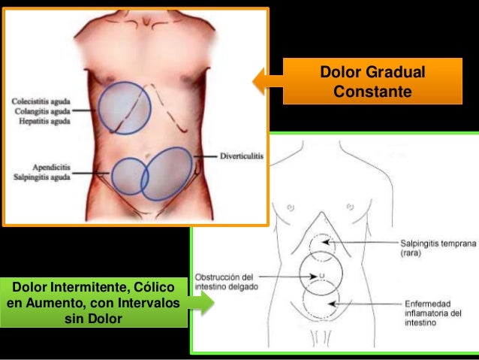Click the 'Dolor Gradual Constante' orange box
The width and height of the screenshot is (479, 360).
(x=372, y=83)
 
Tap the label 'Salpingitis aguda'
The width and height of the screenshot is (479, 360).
(x=42, y=177)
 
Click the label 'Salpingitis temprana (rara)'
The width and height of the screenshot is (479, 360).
(x=436, y=248)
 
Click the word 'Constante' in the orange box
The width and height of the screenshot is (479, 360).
(x=372, y=92)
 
